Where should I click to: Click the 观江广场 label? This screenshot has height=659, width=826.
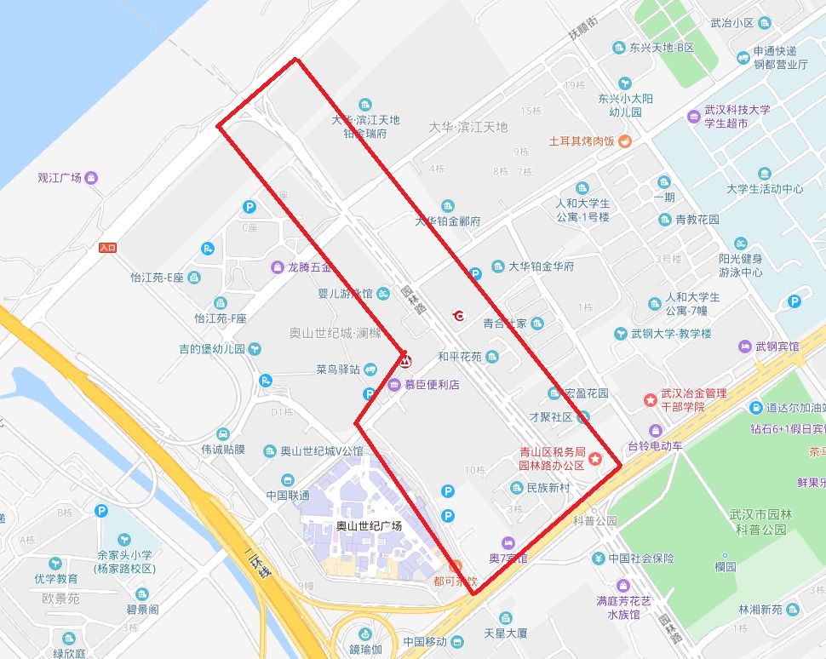coord(59,178)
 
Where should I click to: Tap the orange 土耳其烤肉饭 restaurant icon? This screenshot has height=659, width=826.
coord(624,140)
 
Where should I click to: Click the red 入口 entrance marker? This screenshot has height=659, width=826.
coord(106,247)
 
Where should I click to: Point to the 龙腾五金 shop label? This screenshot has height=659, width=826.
coord(310,267)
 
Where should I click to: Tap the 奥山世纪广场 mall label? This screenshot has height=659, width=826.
coord(369,526)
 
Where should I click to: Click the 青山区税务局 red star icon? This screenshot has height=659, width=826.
coord(595,460)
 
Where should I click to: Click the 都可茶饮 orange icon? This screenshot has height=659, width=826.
coord(455,566)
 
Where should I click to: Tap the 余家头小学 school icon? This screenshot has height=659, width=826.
coord(124,540)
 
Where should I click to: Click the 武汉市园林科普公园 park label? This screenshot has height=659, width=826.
coord(760,522)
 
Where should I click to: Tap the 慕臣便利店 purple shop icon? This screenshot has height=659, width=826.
coord(394,385)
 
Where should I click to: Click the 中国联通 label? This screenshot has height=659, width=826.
coord(288,495)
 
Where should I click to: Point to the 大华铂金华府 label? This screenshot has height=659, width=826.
coord(541,266)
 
